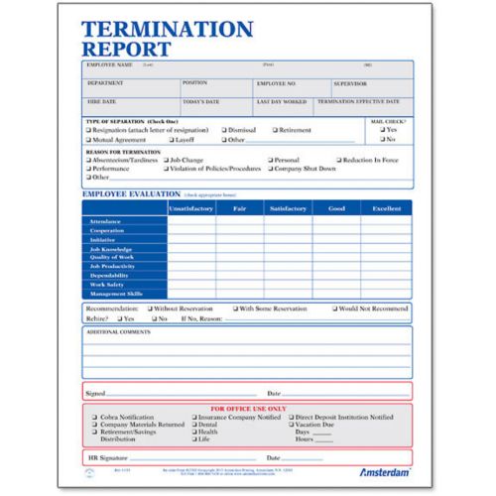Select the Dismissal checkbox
222,130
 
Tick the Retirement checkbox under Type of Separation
272,130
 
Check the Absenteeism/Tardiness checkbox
88,159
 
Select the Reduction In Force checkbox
338,159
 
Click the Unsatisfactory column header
191,208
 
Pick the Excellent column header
387,208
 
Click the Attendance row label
106,221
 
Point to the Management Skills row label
115,294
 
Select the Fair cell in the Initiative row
240,239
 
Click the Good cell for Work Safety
337,285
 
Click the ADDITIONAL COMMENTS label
114,332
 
